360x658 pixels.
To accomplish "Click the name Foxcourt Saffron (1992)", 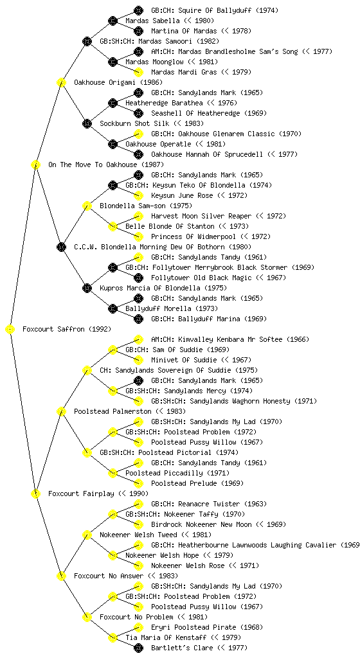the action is [x=67, y=329].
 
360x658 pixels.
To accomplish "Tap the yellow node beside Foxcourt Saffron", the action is [x=10, y=330].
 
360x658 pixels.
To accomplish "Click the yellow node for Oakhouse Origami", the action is [x=61, y=82].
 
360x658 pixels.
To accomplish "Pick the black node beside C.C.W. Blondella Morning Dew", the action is [x=61, y=247].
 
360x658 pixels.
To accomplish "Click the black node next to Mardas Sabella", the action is [x=113, y=21].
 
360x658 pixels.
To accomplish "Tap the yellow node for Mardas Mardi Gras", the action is [x=138, y=72].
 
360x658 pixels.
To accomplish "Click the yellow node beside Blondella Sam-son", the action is [x=87, y=206].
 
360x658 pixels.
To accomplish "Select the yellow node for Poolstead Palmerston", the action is [x=61, y=411].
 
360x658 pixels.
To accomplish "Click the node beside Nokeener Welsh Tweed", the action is [x=87, y=535].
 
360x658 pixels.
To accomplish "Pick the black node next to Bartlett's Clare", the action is [x=138, y=648].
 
